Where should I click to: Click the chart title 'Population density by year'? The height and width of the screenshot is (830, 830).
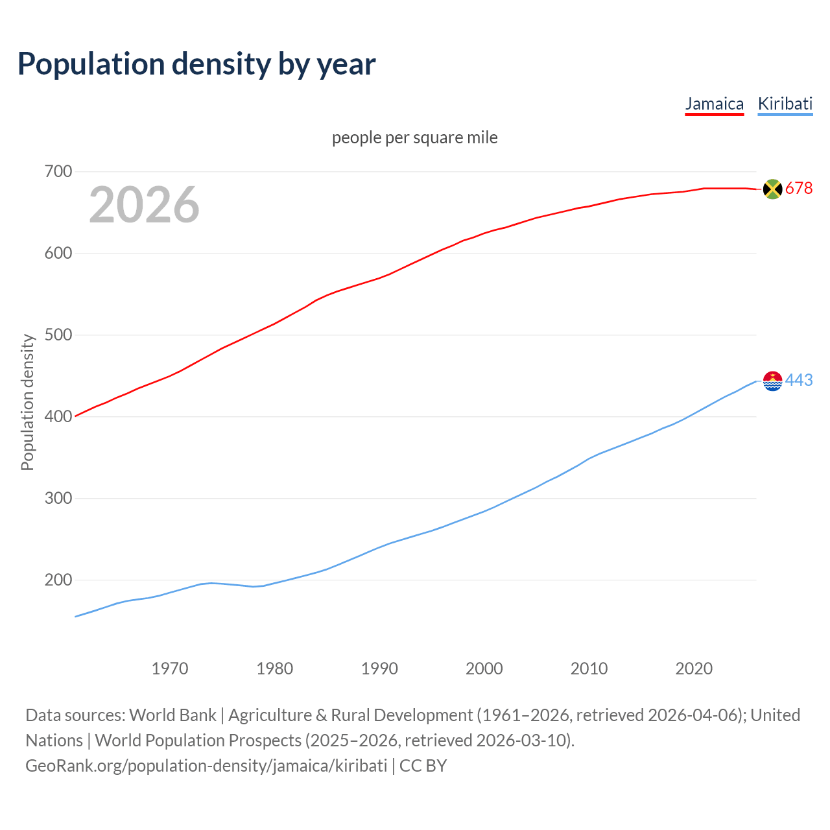(196, 64)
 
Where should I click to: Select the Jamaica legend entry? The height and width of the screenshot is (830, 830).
(714, 104)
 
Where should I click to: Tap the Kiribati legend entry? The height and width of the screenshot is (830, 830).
(785, 104)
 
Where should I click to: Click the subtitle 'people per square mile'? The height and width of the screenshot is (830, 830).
(414, 138)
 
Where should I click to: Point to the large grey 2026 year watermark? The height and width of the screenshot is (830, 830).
(144, 205)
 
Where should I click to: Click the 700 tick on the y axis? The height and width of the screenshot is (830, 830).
(58, 172)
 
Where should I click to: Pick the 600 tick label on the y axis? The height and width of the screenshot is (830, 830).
(58, 254)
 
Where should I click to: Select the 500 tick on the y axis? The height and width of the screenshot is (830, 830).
(58, 335)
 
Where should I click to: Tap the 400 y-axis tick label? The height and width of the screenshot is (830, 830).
(58, 417)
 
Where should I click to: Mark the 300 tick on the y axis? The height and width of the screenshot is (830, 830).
(58, 499)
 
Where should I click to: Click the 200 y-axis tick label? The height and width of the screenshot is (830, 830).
(58, 580)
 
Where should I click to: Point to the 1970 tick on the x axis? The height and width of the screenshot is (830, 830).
(170, 669)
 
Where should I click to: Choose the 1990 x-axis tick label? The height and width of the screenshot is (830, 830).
(379, 669)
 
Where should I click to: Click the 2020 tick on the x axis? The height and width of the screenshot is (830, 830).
(694, 669)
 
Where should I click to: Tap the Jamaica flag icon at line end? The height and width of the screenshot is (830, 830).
(772, 189)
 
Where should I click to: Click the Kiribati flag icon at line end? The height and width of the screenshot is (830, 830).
(772, 381)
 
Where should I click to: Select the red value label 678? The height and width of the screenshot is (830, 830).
(799, 189)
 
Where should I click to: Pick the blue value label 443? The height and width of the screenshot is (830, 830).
(799, 381)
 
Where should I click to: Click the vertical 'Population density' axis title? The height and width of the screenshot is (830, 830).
(27, 402)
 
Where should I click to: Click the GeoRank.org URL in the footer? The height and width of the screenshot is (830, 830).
(206, 766)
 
